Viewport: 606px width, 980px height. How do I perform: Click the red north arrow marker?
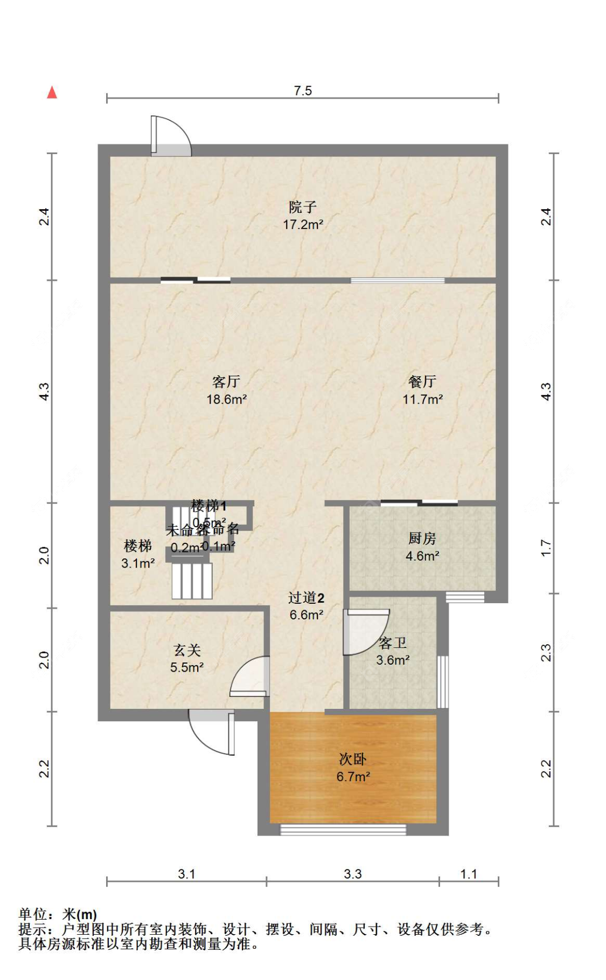coord(52,93)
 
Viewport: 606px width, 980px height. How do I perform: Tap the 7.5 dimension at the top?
coord(303,91)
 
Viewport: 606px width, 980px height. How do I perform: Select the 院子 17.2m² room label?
coord(303,216)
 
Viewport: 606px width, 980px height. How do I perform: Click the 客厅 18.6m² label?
coord(226,390)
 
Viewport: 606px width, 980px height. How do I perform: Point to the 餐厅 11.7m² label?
coord(422,390)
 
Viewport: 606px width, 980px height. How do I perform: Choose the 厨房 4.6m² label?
coord(422,547)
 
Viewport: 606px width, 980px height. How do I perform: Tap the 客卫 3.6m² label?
coord(393,651)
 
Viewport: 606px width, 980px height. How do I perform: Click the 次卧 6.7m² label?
coord(353,768)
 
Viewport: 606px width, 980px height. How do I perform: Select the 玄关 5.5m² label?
coord(187,659)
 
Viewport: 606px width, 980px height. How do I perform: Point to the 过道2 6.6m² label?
coord(306,606)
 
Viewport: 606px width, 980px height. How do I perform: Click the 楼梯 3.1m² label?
coord(138,554)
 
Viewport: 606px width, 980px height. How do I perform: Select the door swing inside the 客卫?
coord(365,631)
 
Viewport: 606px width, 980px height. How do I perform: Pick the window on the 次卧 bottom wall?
coord(343,830)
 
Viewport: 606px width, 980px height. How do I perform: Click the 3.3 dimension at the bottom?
coord(353,874)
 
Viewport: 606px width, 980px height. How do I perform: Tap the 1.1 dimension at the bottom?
coord(469,874)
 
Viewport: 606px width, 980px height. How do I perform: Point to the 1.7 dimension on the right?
coord(546,548)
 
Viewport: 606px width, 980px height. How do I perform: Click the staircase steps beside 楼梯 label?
coord(192,581)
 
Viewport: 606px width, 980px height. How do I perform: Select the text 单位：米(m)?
coord(58,914)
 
